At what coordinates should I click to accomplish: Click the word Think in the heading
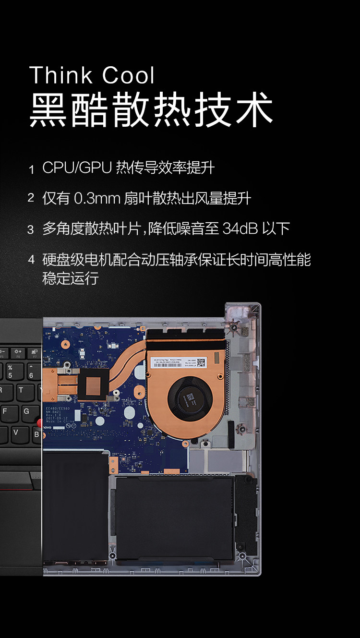[x=60, y=75]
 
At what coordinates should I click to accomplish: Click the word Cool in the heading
[x=128, y=75]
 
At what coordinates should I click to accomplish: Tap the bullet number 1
[x=31, y=169]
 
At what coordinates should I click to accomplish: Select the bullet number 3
[x=31, y=229]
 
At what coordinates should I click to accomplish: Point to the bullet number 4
[x=31, y=260]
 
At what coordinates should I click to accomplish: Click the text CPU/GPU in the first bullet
[x=77, y=168]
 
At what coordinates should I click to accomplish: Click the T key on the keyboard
[x=21, y=390]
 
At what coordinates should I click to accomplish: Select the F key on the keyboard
[x=6, y=411]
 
